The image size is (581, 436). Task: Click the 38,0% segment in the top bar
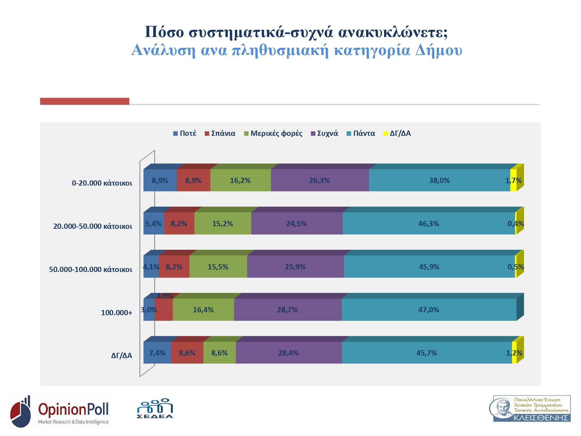click(x=439, y=180)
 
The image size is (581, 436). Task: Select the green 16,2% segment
click(x=240, y=180)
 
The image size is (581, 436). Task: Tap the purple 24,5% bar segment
click(x=297, y=224)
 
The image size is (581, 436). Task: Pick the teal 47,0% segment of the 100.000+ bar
click(x=429, y=310)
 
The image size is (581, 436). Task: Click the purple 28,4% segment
click(x=289, y=353)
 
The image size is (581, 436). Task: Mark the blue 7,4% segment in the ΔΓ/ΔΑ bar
click(x=157, y=353)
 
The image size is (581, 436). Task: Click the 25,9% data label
click(x=295, y=267)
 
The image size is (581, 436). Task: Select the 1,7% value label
click(x=514, y=180)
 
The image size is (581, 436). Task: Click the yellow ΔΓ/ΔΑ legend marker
click(x=386, y=133)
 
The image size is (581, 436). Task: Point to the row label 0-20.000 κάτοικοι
click(x=102, y=183)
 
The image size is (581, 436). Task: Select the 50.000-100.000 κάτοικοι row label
click(x=91, y=269)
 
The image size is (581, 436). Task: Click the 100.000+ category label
click(x=116, y=313)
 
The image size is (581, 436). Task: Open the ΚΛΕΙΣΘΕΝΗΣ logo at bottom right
click(x=532, y=409)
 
